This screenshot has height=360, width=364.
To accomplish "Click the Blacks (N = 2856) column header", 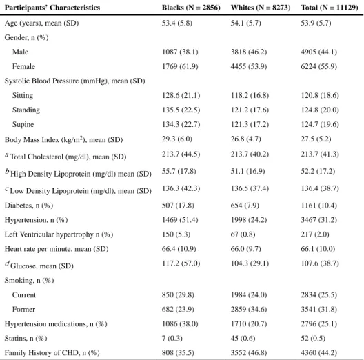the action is click(x=191, y=8).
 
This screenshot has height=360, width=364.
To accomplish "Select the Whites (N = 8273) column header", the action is click(x=261, y=8).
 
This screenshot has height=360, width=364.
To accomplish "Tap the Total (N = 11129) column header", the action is click(x=330, y=8).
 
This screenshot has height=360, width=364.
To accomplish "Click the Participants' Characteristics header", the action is click(x=52, y=8).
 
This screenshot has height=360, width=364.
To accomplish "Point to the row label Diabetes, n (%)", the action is click(x=29, y=206).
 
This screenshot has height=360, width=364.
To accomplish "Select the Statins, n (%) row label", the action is click(x=26, y=339).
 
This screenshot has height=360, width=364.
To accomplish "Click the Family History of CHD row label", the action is click(x=52, y=353).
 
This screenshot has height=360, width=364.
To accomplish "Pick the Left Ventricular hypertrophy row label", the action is click(x=59, y=234).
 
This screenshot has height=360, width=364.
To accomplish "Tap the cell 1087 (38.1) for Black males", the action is click(x=180, y=52).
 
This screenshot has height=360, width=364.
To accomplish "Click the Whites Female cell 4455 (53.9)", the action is click(x=249, y=67).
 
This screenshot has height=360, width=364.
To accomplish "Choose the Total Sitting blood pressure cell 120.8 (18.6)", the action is click(x=320, y=95).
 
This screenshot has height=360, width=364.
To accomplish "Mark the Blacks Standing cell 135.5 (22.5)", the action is click(x=181, y=110).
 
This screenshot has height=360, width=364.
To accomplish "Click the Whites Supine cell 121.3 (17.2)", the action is click(x=250, y=125).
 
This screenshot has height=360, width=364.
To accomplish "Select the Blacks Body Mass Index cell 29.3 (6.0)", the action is click(x=177, y=139).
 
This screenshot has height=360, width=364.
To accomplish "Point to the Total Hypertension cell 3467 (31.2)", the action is click(x=318, y=220).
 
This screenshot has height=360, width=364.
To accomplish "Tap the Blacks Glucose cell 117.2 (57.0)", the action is click(x=181, y=263).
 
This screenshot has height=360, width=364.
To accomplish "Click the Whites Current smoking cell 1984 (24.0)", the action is click(x=249, y=295).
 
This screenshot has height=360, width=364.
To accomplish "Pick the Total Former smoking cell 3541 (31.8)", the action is click(x=318, y=310).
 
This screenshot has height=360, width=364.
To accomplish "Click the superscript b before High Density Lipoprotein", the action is click(x=7, y=172).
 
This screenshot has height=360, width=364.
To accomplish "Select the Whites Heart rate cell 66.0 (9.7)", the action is click(x=245, y=249).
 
